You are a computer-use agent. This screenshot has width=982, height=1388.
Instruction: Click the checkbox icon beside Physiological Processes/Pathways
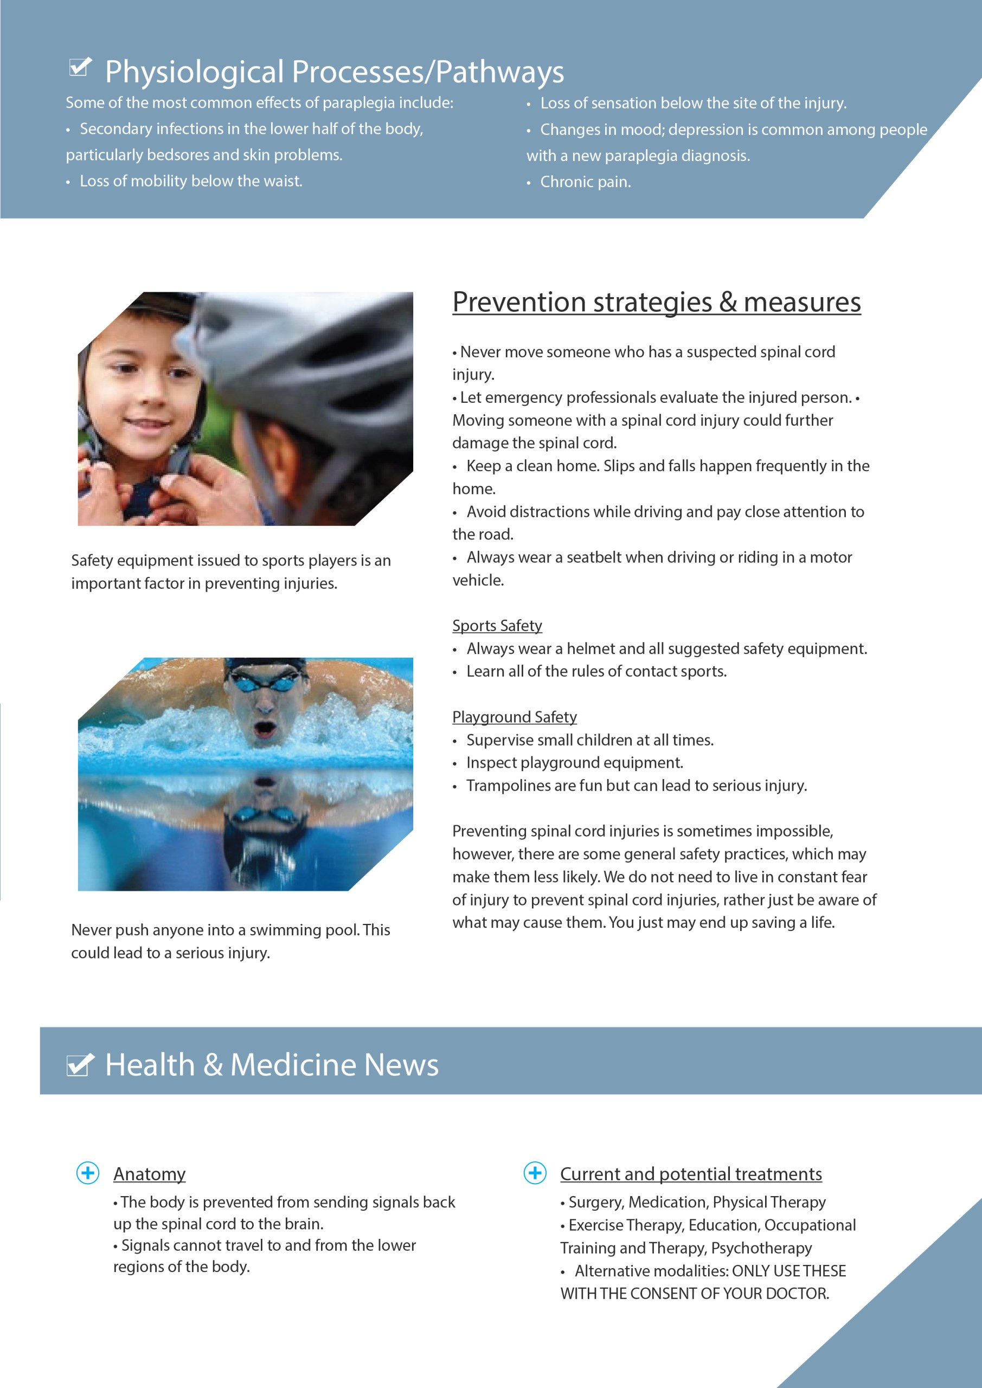(x=80, y=67)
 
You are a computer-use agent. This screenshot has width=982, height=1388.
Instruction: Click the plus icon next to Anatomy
(x=88, y=1173)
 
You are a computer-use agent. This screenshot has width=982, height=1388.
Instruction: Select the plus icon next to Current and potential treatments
(x=535, y=1173)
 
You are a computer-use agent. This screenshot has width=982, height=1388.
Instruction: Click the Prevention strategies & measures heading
(x=656, y=302)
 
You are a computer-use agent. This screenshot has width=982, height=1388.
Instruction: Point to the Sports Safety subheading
(x=497, y=626)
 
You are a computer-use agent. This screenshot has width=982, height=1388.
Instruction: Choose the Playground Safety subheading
(x=514, y=717)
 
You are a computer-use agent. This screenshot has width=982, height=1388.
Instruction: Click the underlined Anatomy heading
(x=149, y=1174)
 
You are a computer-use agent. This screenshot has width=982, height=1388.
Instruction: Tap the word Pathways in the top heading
(x=499, y=72)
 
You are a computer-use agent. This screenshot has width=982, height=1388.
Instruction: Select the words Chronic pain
(x=585, y=182)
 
